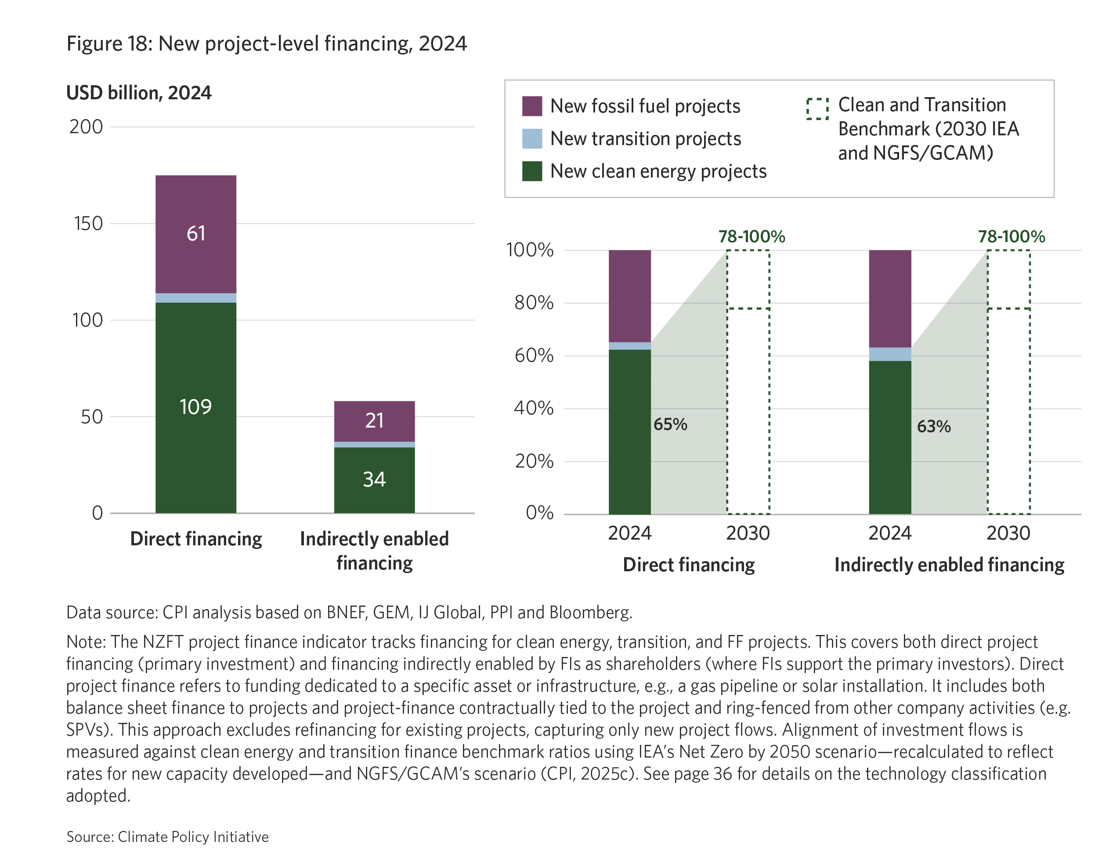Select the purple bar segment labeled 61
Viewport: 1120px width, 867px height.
pos(196,233)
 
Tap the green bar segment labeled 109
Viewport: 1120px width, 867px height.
pos(196,407)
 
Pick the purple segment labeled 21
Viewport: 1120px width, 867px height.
pos(374,421)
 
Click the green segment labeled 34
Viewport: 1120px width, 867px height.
pos(374,479)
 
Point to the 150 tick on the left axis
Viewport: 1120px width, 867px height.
pos(88,224)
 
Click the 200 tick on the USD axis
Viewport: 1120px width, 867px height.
pos(86,127)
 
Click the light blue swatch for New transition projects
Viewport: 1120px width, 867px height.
pos(532,138)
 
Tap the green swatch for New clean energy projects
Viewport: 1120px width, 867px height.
pos(532,171)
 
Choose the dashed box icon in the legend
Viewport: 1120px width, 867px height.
pos(817,109)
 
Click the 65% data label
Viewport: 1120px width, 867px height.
pos(670,424)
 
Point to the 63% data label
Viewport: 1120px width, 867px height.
pos(933,426)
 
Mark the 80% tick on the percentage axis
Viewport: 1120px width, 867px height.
pos(534,303)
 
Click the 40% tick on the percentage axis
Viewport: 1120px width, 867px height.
pos(534,408)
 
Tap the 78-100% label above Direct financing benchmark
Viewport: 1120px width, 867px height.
pos(751,236)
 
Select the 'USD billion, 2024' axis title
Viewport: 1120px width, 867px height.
pos(138,93)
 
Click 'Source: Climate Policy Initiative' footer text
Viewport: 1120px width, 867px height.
pos(167,837)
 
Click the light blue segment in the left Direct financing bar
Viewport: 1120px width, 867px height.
pos(196,298)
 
